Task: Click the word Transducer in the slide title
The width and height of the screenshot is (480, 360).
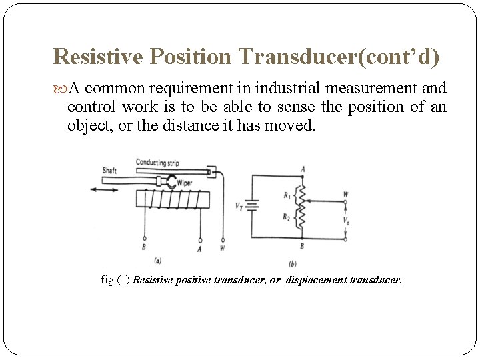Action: tap(290, 57)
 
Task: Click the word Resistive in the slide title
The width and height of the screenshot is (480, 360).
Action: tap(98, 57)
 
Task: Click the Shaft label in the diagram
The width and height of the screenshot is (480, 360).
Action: tap(109, 171)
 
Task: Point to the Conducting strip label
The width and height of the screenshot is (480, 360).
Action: tap(157, 163)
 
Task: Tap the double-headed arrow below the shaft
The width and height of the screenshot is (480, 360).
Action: tap(104, 189)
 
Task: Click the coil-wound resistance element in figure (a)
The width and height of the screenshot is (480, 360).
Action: tap(172, 199)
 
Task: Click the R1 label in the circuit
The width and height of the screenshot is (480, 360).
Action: tap(287, 196)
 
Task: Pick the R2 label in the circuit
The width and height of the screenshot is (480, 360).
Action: tap(287, 217)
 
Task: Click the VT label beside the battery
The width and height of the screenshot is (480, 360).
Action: tap(239, 206)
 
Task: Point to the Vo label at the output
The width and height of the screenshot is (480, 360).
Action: tap(345, 220)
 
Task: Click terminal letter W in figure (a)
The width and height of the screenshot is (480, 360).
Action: tap(223, 249)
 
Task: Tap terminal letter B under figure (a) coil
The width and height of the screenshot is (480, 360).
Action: tap(145, 248)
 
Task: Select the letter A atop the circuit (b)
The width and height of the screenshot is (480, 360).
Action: tap(303, 169)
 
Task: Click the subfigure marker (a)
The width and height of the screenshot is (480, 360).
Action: tap(157, 260)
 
